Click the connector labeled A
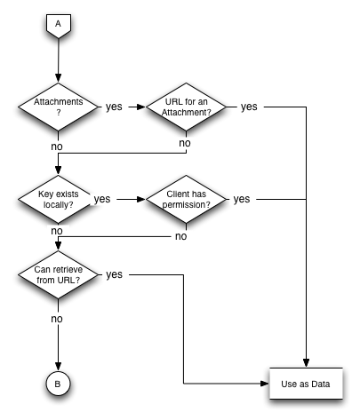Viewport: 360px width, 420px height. click(59, 26)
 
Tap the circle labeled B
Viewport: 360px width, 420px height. click(58, 384)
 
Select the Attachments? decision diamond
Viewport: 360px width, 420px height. click(58, 107)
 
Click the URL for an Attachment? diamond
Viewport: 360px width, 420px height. click(186, 107)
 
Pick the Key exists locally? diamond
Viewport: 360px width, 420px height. click(58, 199)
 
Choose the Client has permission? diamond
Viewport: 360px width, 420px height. click(186, 199)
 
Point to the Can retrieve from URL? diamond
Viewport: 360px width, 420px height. click(58, 274)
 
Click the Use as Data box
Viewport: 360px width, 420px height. click(306, 384)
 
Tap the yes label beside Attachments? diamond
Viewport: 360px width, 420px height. click(114, 107)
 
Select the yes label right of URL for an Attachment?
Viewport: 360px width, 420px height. click(249, 107)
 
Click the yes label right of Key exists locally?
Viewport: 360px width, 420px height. click(102, 199)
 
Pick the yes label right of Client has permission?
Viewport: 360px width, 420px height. click(242, 199)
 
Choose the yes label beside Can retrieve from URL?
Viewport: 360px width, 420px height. click(114, 274)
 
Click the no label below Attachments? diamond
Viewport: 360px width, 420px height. click(57, 147)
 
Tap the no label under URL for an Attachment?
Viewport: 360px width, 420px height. click(185, 143)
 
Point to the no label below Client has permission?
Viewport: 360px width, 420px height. click(181, 236)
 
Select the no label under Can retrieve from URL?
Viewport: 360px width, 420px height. click(57, 319)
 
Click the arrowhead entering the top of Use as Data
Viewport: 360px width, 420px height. click(306, 363)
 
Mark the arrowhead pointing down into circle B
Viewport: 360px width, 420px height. click(58, 367)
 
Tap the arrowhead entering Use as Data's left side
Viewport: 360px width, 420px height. click(264, 384)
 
